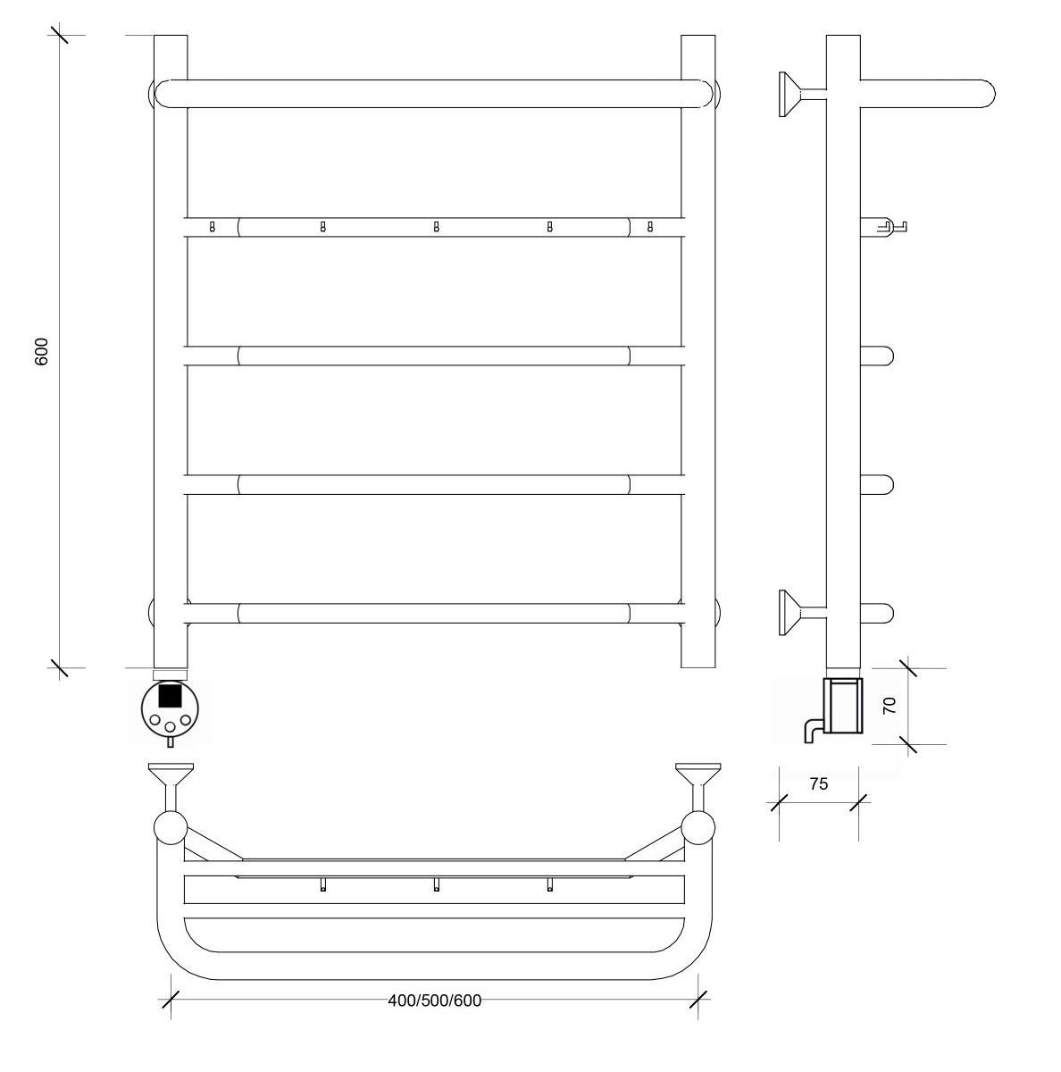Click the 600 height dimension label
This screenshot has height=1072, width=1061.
[x=42, y=351]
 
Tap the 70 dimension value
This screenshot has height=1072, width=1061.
[x=890, y=706]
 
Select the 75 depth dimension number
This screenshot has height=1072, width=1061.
[x=818, y=783]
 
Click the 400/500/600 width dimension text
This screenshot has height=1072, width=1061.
[x=435, y=1001]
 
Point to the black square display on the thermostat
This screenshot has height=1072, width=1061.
[x=170, y=695]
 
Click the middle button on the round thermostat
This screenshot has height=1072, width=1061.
[x=171, y=726]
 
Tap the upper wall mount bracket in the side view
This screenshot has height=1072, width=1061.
[x=802, y=94]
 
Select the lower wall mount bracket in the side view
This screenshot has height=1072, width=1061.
[x=802, y=613]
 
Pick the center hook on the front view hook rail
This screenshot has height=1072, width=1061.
[x=436, y=226]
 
